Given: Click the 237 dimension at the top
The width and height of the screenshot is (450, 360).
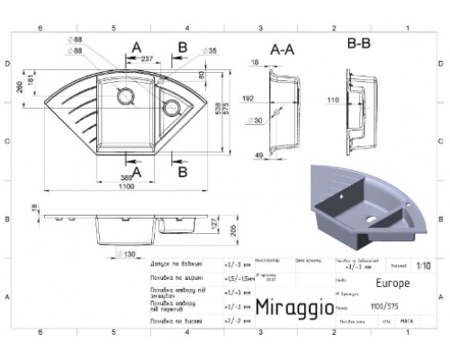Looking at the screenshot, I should pos(147,58).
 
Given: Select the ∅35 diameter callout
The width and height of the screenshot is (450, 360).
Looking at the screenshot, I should pos(209,51).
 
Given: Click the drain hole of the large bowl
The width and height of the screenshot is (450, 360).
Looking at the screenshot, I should pos(125,95).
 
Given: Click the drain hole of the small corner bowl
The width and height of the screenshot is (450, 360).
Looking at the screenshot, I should pos(169,109).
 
